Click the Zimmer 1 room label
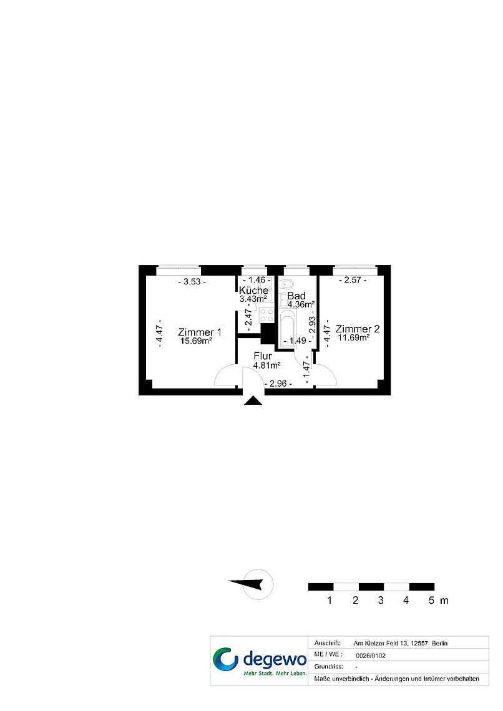pyautogui.click(x=200, y=332)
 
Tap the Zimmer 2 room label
pyautogui.click(x=358, y=329)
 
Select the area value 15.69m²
pyautogui.click(x=196, y=341)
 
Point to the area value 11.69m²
pyautogui.click(x=354, y=337)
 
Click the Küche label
pyautogui.click(x=253, y=290)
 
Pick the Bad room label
pyautogui.click(x=296, y=296)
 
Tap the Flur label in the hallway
pyautogui.click(x=263, y=356)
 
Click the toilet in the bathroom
pyautogui.click(x=286, y=284)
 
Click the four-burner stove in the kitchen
pyautogui.click(x=266, y=315)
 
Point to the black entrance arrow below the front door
pyautogui.click(x=253, y=400)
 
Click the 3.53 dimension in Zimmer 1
pyautogui.click(x=192, y=281)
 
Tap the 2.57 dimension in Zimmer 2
pyautogui.click(x=353, y=280)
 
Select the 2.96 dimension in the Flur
pyautogui.click(x=278, y=384)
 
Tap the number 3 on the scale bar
pyautogui.click(x=381, y=601)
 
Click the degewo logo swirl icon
pyautogui.click(x=225, y=659)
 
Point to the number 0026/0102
pyautogui.click(x=371, y=655)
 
